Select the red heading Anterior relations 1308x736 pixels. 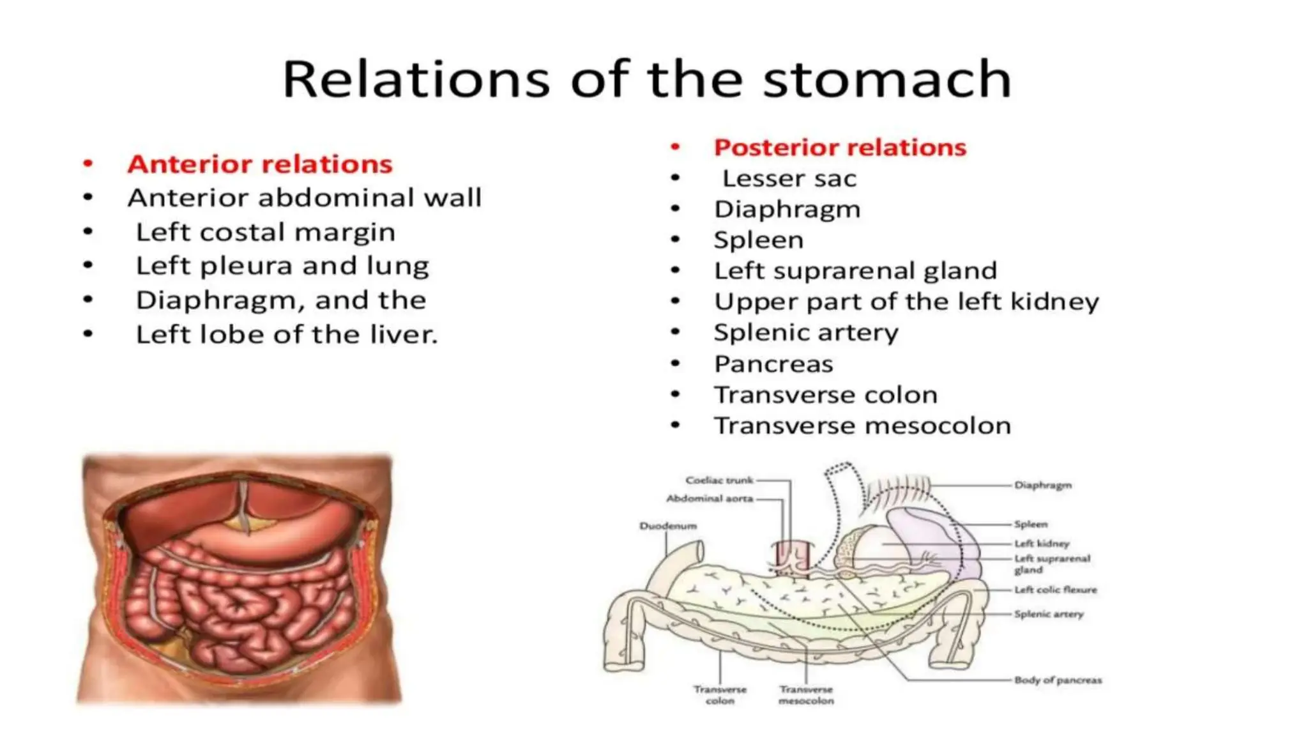coord(259,164)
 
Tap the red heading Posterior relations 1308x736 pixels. coord(839,148)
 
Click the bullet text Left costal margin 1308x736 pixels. coord(265,232)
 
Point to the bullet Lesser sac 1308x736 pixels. coord(789,178)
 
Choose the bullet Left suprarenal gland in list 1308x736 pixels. coord(855,271)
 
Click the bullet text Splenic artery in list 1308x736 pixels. coord(805,332)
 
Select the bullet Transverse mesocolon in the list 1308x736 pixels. coord(862,425)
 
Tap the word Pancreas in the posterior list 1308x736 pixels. coord(773,364)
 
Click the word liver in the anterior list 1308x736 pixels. coord(404,335)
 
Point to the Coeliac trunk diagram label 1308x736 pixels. coord(719,480)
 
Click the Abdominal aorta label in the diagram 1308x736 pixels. coord(710,498)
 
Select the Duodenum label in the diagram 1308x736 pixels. coord(667,526)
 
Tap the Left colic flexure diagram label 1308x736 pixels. coord(1055,590)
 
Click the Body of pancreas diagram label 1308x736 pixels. coord(1058,680)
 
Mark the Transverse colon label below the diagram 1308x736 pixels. coord(720,694)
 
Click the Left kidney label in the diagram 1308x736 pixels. coord(1041,544)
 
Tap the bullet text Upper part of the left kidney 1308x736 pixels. coord(906,302)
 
